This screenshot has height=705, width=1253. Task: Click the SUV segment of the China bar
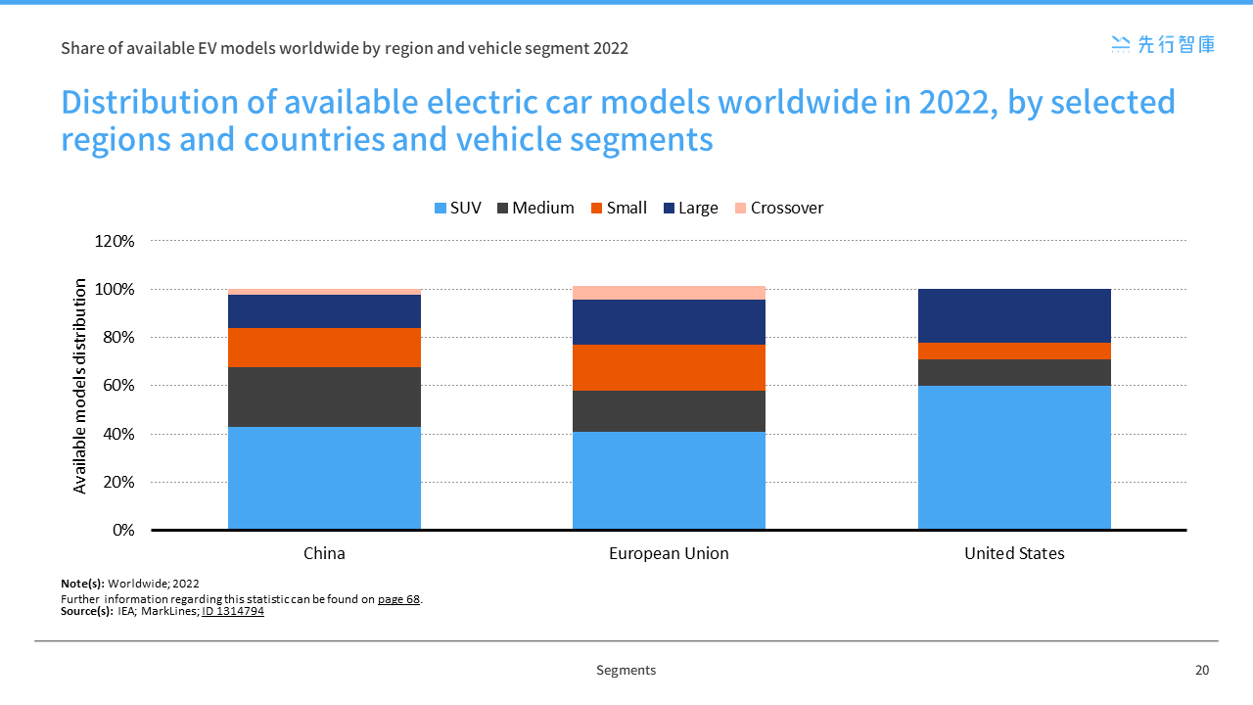324,478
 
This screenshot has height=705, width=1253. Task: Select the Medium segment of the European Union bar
669,411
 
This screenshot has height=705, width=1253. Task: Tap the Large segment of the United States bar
1014,315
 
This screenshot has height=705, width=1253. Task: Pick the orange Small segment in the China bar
324,348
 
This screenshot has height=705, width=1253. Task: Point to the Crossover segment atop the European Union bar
669,293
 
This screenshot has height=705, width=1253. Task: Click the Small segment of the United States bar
1014,351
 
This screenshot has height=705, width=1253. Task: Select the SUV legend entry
457,208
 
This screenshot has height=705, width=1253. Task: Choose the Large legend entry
689,208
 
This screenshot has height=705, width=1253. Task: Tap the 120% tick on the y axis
116,241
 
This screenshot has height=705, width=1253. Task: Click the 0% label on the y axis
123,530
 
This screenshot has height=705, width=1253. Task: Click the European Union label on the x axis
669,553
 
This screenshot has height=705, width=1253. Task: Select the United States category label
1014,553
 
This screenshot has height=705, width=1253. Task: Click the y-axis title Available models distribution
80,386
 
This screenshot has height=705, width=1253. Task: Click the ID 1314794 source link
232,611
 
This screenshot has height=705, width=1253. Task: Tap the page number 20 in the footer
1202,671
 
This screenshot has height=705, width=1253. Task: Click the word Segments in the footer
626,671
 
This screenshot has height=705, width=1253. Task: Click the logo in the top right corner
1163,44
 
